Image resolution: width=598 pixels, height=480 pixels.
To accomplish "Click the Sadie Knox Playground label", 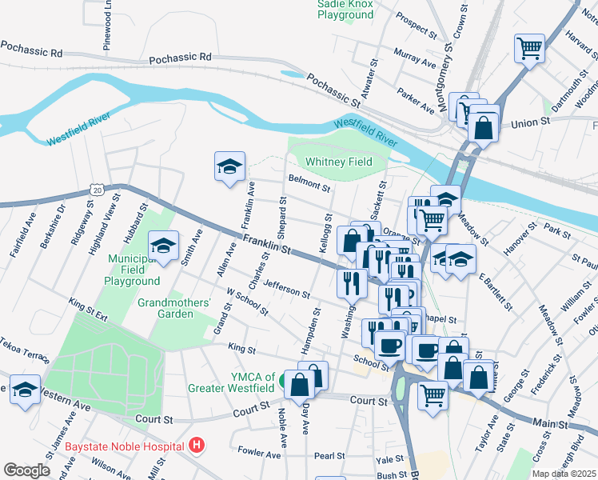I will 346,9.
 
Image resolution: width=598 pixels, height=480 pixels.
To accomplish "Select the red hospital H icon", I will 196,445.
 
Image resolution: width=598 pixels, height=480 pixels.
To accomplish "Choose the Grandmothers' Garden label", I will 174,308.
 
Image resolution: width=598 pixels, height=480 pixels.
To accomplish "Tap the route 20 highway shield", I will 98,190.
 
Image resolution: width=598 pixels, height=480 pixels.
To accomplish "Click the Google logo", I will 26,470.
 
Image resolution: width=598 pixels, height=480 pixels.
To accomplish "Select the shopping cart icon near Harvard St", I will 529,48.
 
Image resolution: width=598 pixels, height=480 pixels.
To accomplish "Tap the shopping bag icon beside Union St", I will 484,126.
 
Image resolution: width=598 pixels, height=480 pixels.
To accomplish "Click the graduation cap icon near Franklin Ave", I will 229,166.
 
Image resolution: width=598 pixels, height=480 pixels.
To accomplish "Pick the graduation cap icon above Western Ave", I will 26,390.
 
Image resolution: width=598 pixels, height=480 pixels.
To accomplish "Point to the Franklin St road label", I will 266,244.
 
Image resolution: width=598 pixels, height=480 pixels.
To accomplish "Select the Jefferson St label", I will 285,289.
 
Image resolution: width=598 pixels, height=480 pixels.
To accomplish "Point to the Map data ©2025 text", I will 564,474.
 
